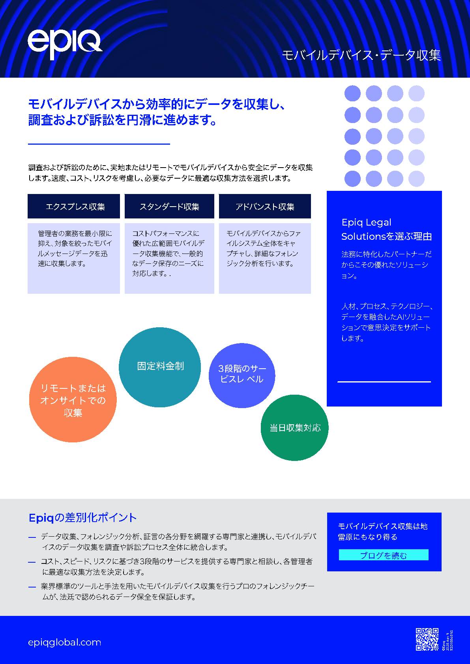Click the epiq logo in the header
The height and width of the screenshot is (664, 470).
click(x=64, y=44)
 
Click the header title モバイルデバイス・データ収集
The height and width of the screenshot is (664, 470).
click(x=361, y=55)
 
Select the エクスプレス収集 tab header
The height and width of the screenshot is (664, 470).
click(x=74, y=206)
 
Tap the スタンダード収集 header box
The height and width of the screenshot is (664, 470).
click(x=169, y=206)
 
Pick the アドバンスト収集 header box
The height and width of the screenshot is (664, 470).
click(x=265, y=206)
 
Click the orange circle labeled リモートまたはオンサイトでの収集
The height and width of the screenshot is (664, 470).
click(x=73, y=400)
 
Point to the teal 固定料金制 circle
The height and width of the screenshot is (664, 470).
click(x=160, y=367)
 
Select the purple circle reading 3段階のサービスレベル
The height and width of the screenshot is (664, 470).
click(x=242, y=375)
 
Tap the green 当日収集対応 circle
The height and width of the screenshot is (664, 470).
click(x=294, y=428)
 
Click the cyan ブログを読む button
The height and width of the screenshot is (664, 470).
click(x=384, y=555)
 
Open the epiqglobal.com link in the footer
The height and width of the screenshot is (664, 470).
click(x=65, y=642)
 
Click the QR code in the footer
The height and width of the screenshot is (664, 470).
click(x=427, y=639)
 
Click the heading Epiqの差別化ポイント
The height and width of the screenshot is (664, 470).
click(x=82, y=518)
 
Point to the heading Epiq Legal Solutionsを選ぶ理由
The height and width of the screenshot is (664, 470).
click(x=386, y=229)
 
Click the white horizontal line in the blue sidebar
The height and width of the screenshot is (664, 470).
click(x=384, y=382)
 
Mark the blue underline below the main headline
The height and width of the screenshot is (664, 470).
click(x=99, y=144)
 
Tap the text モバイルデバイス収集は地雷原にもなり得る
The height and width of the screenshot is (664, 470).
click(x=382, y=532)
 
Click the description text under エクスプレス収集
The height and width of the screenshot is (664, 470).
click(x=74, y=248)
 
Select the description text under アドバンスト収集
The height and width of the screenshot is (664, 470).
click(x=264, y=248)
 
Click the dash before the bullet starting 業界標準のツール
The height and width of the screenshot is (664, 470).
click(x=32, y=587)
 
